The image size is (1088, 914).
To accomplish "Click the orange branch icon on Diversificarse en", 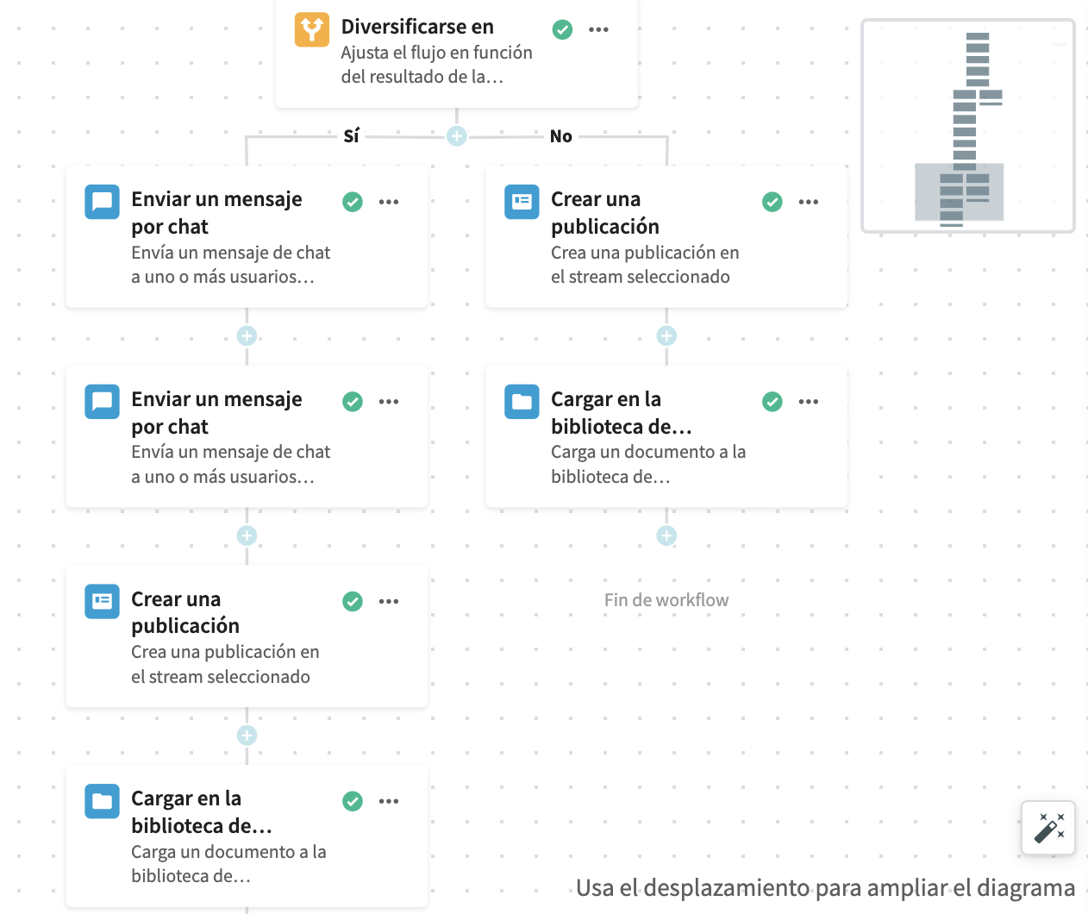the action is [x=311, y=29].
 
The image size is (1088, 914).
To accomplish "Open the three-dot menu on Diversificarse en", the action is [x=598, y=29].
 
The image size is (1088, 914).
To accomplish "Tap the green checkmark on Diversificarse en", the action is [x=562, y=29].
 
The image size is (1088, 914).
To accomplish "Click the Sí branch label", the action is [x=351, y=136].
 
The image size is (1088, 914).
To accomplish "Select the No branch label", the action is [x=560, y=136].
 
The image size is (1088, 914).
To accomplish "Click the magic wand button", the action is [x=1047, y=828].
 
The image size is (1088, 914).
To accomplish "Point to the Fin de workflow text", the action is [x=666, y=600].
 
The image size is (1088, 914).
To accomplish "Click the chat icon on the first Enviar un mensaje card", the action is [x=102, y=202].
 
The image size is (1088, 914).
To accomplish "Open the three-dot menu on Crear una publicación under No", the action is [x=808, y=202].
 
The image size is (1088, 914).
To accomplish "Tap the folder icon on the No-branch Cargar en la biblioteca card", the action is [x=522, y=401].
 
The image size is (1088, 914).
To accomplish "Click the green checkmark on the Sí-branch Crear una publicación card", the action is [x=353, y=601].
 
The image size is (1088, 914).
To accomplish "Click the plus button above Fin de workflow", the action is [x=666, y=535].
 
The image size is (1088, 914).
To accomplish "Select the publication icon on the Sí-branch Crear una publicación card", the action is [x=102, y=601].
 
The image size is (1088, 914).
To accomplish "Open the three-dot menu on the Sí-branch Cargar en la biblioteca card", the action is [x=389, y=801].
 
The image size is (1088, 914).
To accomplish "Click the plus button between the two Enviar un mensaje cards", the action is [x=247, y=336].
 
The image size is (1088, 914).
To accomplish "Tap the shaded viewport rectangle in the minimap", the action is [x=960, y=191].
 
